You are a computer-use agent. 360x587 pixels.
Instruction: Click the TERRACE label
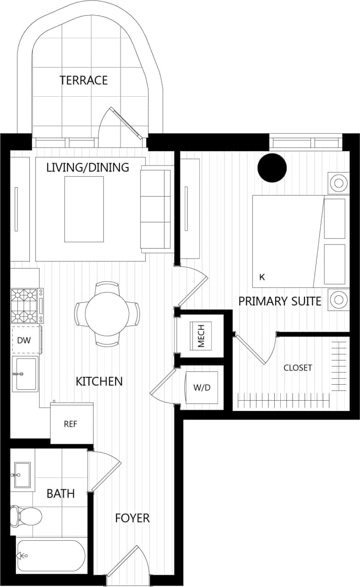coord(83,80)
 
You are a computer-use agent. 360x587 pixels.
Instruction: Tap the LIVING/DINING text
coord(88,167)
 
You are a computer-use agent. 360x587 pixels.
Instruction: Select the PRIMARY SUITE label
coord(279,301)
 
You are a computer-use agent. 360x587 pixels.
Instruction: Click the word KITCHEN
coord(99,381)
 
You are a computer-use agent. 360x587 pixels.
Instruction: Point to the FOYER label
coord(132,518)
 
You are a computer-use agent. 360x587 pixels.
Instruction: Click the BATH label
coord(61,493)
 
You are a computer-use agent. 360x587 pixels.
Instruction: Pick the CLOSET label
coord(298,368)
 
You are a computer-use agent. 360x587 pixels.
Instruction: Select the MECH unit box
coord(201,335)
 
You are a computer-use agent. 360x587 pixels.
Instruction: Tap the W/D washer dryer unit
coord(201,388)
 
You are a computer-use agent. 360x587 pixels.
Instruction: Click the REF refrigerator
coord(71,424)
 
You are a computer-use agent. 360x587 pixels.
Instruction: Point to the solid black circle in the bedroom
coord(271,167)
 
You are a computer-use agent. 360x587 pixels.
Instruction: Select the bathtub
coord(50,555)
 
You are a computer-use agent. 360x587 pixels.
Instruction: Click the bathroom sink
coord(22,475)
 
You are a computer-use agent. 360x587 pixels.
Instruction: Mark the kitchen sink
coord(25,374)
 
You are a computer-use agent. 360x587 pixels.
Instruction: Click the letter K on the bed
coord(262,277)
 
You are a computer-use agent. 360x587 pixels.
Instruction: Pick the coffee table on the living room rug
coord(84,209)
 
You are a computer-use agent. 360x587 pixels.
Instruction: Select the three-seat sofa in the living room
coord(156,209)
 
